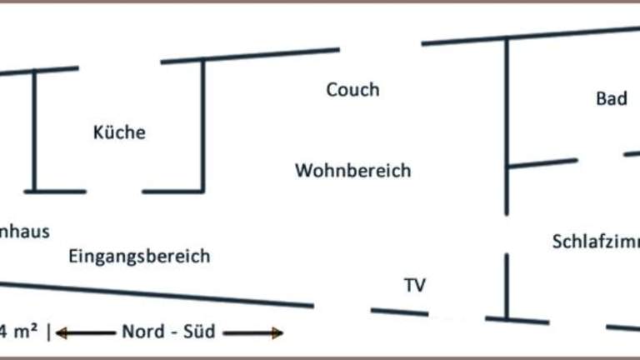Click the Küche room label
pos(119,132)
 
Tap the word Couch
pos(352,89)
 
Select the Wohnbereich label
pos(352,171)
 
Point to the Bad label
pos(611,99)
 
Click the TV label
pos(415,286)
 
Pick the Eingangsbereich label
pos(139,256)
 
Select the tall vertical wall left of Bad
pos(507,125)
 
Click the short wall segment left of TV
pos(397,312)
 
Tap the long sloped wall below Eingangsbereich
pos(158,292)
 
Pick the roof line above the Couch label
pos(250,56)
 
